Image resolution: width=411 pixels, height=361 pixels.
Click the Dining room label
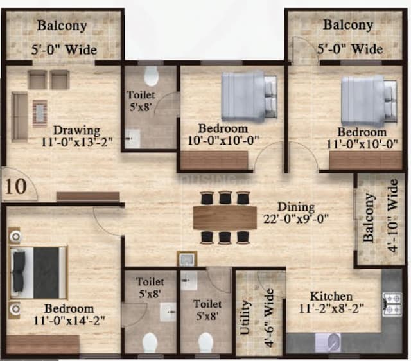[x=296, y=207]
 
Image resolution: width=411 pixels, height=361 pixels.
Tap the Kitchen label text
[x=331, y=296]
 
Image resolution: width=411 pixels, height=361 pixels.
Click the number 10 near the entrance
[x=17, y=186]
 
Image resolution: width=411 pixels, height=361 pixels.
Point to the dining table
[x=225, y=218]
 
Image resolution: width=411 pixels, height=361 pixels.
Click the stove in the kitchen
[x=392, y=304]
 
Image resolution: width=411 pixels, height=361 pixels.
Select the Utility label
[x=245, y=318]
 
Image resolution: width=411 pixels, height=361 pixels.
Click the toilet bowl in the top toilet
[x=152, y=76]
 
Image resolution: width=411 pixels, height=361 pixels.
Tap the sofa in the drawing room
[x=19, y=116]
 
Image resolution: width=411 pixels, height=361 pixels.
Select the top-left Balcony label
[x=62, y=26]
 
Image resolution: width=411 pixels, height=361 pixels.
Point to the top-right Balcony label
[x=347, y=25]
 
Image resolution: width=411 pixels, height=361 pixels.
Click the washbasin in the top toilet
[x=133, y=139]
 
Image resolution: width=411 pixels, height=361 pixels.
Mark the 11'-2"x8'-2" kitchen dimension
[x=331, y=308]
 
